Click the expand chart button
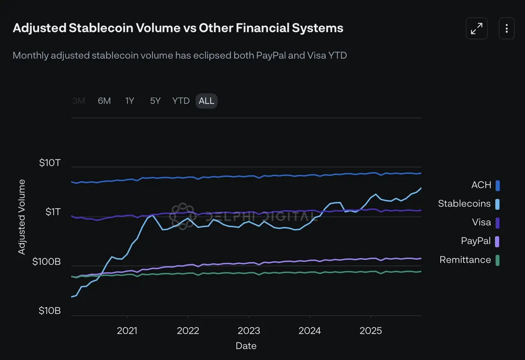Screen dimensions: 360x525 pyautogui.click(x=476, y=28)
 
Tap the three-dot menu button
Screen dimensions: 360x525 pyautogui.click(x=507, y=28)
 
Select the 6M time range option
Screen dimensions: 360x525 pyautogui.click(x=104, y=101)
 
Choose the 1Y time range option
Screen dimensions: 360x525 pyautogui.click(x=130, y=101)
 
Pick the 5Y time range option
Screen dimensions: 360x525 pyautogui.click(x=155, y=101)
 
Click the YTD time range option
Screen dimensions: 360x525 pyautogui.click(x=181, y=101)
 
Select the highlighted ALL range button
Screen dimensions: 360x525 pyautogui.click(x=206, y=101)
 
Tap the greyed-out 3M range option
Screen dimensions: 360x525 pyautogui.click(x=79, y=101)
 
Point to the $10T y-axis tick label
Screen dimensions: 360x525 pyautogui.click(x=49, y=163)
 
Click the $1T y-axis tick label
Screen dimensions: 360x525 pyautogui.click(x=53, y=212)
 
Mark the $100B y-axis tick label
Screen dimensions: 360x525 pyautogui.click(x=46, y=262)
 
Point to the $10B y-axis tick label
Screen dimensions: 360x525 pyautogui.click(x=49, y=311)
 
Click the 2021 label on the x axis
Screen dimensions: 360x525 pyautogui.click(x=127, y=331)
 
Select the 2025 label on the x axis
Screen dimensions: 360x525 pyautogui.click(x=370, y=331)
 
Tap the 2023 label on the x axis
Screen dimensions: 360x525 pyautogui.click(x=249, y=331)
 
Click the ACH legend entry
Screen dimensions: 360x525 pyautogui.click(x=481, y=185)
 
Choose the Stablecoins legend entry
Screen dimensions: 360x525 pyautogui.click(x=465, y=204)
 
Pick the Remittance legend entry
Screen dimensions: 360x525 pyautogui.click(x=465, y=260)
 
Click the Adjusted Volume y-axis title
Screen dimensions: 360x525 pyautogui.click(x=21, y=217)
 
